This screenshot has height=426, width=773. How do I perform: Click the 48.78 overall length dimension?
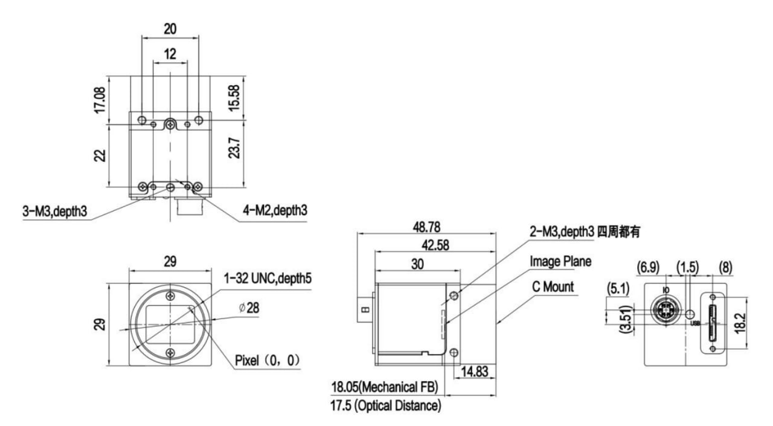(426, 227)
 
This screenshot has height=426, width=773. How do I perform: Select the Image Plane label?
(560, 262)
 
